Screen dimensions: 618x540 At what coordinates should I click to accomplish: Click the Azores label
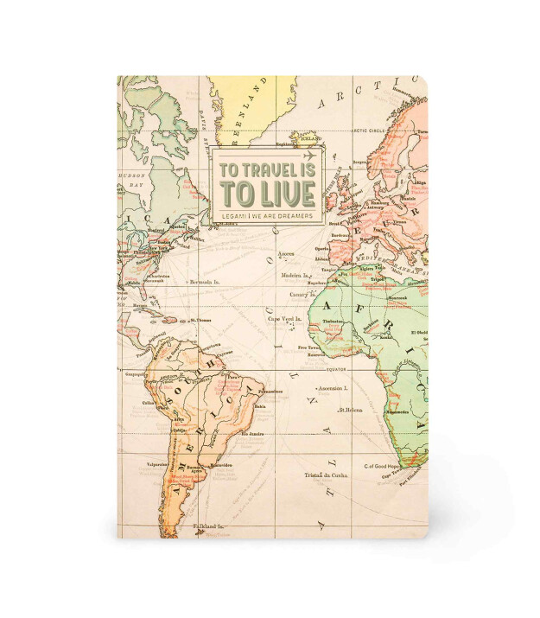point(286,255)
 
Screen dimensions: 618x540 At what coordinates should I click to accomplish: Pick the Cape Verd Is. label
point(279,319)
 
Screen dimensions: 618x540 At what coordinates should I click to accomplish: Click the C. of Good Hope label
point(380,467)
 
